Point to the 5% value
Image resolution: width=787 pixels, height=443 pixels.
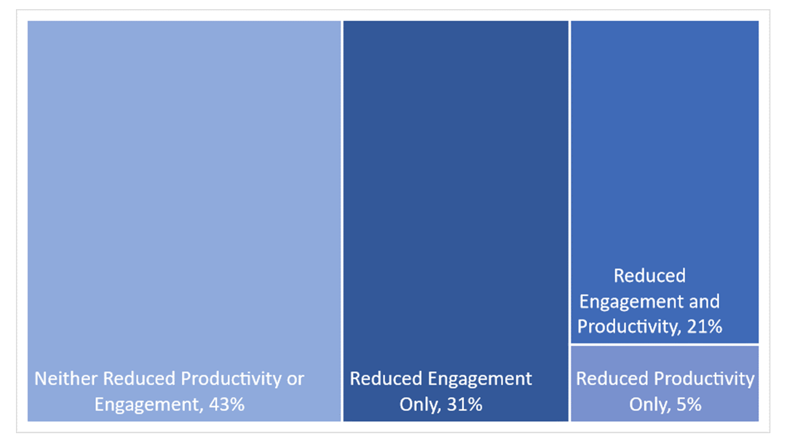click(x=690, y=405)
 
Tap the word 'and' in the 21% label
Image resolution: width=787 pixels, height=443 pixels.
click(x=705, y=301)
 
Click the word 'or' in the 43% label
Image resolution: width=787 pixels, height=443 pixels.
click(x=296, y=378)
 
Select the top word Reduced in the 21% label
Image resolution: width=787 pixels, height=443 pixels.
click(x=649, y=276)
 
